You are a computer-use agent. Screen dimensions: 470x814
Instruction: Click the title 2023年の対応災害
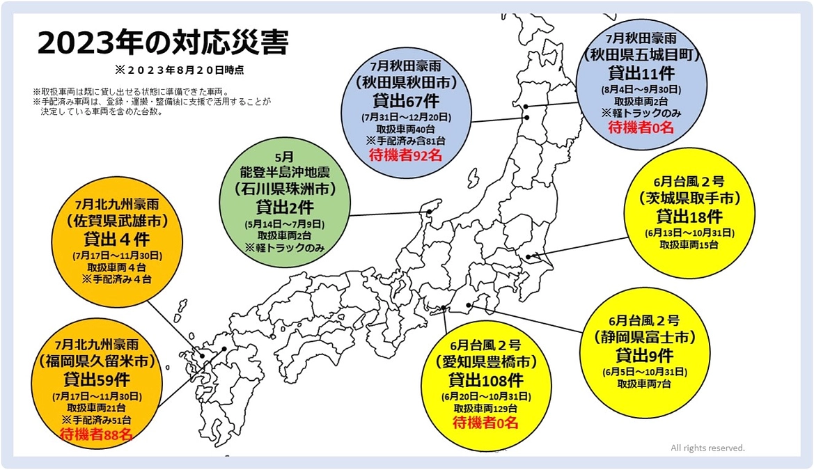pos(162,43)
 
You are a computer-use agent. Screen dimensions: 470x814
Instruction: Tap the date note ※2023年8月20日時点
pos(180,70)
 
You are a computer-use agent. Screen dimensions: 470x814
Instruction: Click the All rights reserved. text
pos(707,448)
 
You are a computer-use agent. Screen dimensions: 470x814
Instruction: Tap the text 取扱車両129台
pos(485,408)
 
